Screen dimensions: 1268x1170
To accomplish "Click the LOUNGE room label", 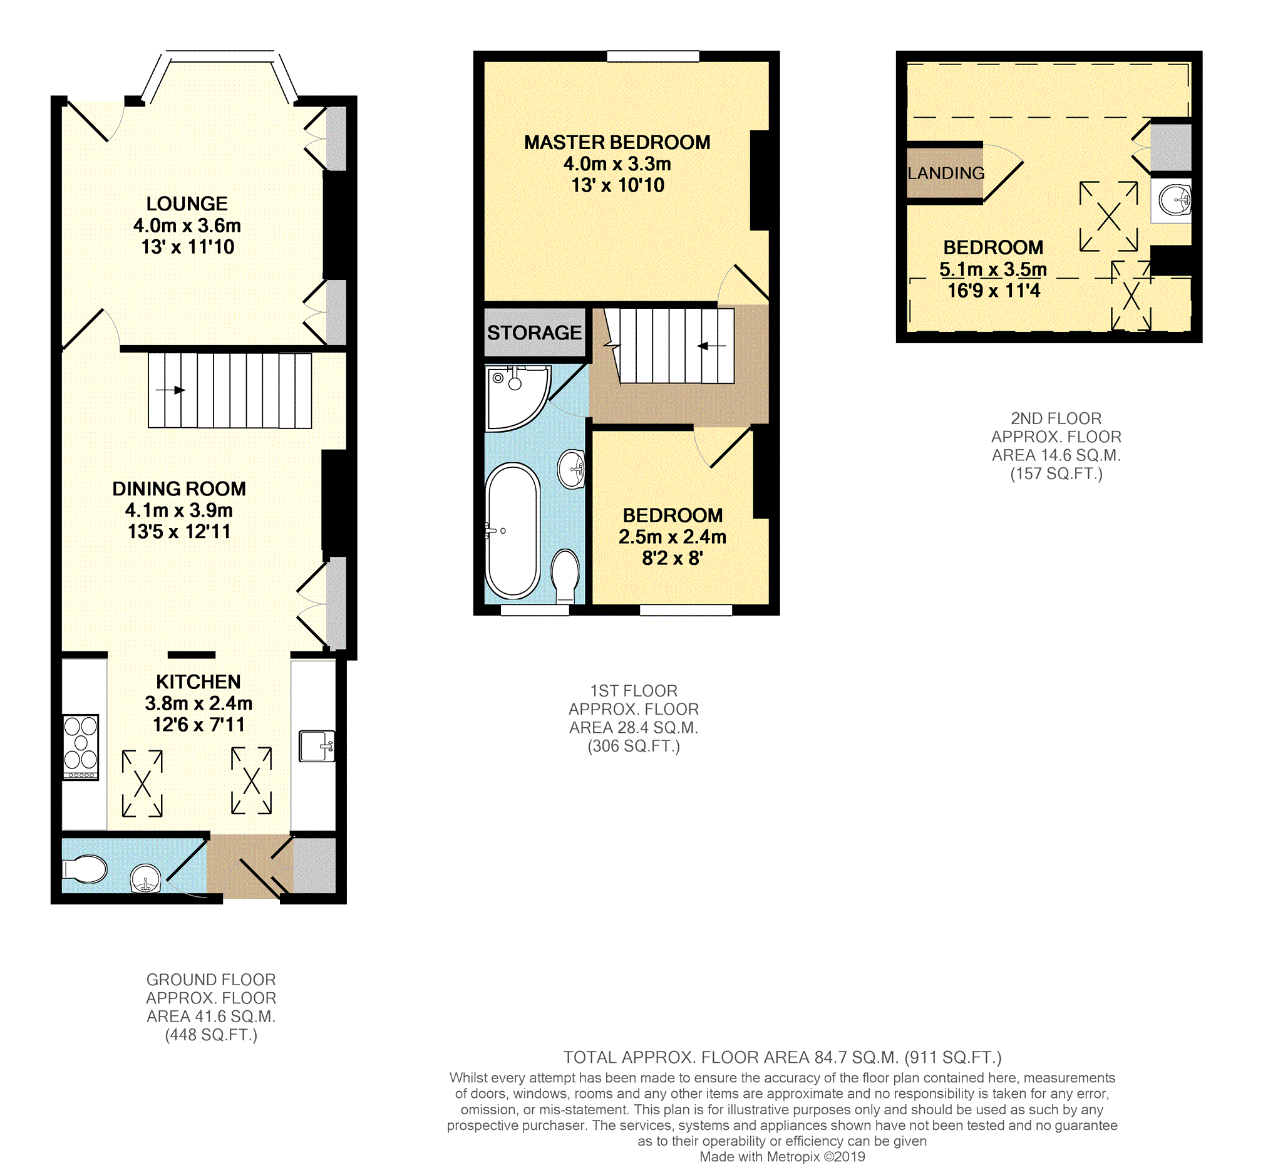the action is pos(187,204).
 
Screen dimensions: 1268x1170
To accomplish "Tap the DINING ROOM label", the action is pos(179,489).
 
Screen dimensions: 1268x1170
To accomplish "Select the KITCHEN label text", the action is pos(198,682).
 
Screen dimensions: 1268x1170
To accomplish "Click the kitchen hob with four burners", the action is pos(81,747).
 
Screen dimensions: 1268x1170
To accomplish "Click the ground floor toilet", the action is pos(84,869).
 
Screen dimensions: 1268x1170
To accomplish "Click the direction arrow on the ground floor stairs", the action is pos(170,390).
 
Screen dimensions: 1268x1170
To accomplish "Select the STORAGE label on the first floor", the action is pos(534,333).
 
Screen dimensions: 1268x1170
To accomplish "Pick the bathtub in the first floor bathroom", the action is pos(513,531).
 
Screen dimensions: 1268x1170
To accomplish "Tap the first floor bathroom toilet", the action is pos(565,576).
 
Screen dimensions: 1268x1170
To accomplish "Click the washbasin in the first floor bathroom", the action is pos(571,469).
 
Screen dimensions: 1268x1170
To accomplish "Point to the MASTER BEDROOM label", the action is pos(617,142).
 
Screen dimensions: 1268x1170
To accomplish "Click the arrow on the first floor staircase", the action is pos(711,346).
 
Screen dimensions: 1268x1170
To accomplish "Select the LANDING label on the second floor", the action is pos(946,173).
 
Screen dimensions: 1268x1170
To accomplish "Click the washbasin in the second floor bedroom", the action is pos(1175,200).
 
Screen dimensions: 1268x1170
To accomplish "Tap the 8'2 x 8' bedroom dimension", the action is pos(673,558).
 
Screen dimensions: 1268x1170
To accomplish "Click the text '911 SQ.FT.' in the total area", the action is pos(953,1057).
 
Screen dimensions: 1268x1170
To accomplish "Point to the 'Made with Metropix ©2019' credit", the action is pos(782,1157).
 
